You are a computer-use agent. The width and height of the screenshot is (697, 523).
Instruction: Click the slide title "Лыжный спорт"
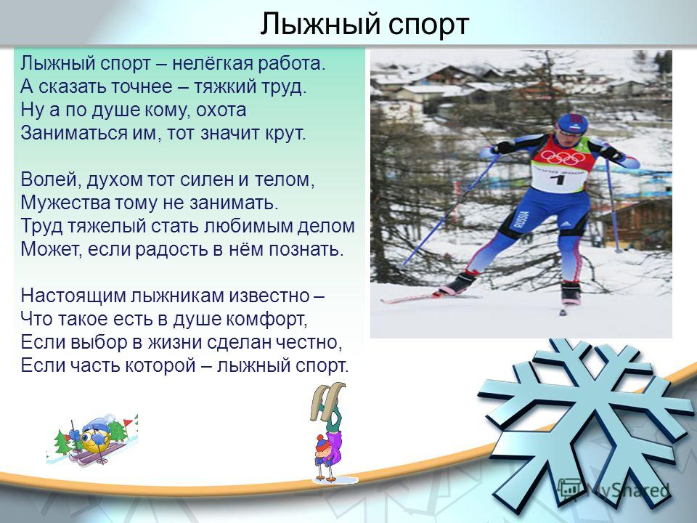click(x=364, y=24)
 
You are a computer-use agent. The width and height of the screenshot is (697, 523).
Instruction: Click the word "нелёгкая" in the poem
click(x=208, y=64)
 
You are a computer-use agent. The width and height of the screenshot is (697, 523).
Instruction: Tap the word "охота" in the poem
click(x=221, y=110)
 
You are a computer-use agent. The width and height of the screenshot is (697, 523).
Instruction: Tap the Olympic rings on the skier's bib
click(x=563, y=157)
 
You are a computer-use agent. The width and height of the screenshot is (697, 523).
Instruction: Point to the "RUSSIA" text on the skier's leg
click(x=521, y=219)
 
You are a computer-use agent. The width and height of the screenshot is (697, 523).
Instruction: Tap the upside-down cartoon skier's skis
click(x=327, y=401)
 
